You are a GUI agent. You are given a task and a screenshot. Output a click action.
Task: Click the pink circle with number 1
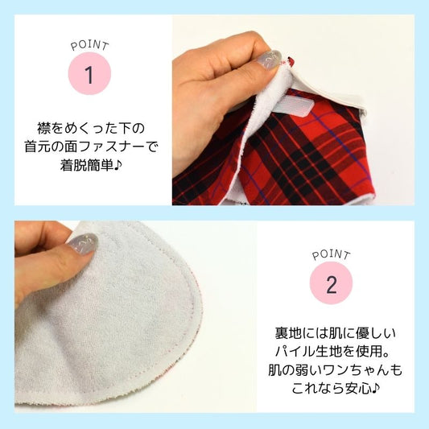pos(89,73)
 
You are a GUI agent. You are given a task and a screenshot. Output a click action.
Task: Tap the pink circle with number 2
pos(331,283)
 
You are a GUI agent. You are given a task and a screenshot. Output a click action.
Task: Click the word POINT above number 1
pos(89,46)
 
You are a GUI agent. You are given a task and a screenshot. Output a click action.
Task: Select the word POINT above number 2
pos(331,254)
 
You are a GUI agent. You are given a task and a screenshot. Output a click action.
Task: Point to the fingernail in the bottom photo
pos(83,243)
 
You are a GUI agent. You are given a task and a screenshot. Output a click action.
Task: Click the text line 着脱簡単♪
pos(91,165)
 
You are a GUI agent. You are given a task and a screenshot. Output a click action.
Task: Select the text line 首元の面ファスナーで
pos(92,147)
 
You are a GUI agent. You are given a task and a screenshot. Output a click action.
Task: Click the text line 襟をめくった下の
pos(91,128)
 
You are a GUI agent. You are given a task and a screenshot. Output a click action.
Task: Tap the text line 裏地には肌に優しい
pos(335,333)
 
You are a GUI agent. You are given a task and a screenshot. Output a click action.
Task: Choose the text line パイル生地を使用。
pos(332,352)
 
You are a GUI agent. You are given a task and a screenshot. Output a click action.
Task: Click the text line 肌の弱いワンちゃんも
pos(335,370)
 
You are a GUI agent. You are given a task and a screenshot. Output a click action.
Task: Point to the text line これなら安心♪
pos(336,388)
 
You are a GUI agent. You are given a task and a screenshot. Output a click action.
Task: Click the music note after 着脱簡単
pos(118,165)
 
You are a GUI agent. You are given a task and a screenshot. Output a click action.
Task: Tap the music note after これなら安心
pos(376,388)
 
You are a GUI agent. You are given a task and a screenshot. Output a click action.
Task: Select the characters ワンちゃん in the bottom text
pos(355,370)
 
